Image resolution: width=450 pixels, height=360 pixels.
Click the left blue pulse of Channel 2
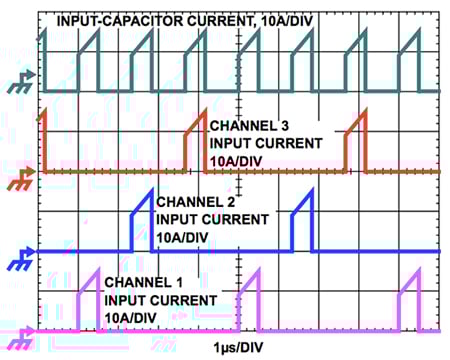click(x=142, y=222)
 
